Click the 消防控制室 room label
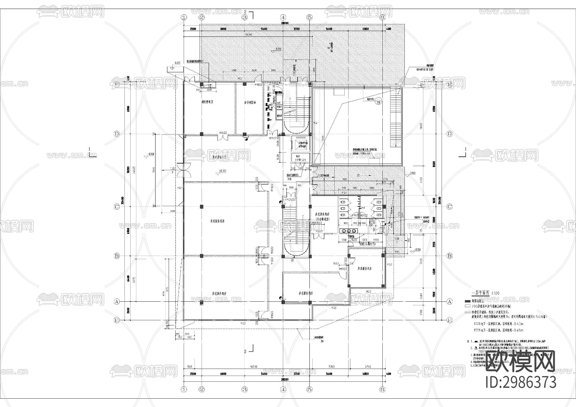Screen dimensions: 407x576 tap(207, 102)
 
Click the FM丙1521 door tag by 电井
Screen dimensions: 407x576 tap(301, 160)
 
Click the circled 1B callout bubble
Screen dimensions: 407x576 tap(379, 102)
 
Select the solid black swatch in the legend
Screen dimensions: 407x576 tap(468, 301)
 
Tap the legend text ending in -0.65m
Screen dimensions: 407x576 tap(500, 330)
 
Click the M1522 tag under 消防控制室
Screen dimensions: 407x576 tap(223, 132)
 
